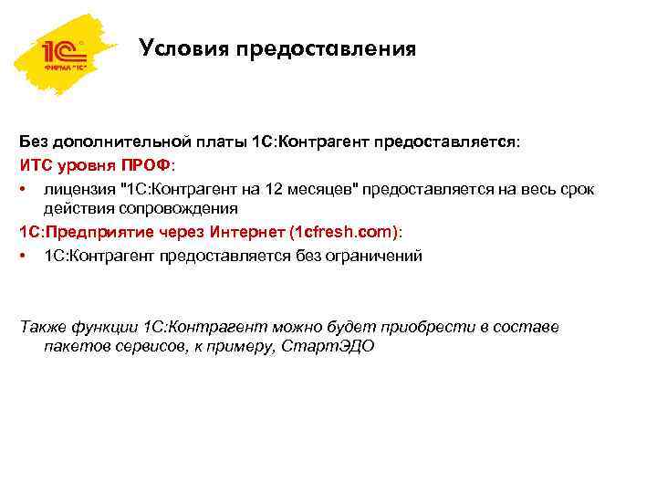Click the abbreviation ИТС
point(36,165)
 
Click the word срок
point(576,188)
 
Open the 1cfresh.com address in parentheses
point(342,233)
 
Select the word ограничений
point(373,256)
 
